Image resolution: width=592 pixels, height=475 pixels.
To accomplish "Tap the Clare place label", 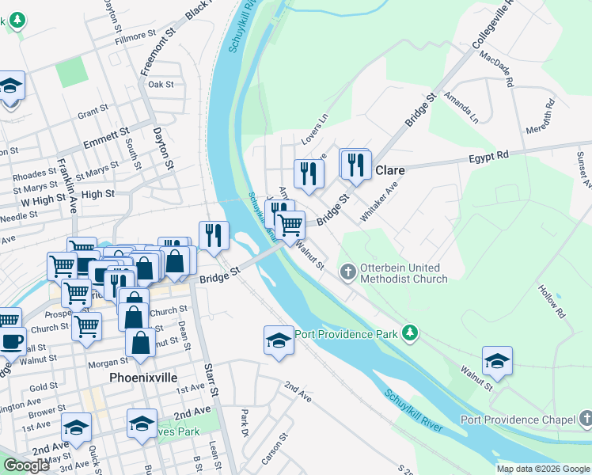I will [x=390, y=170].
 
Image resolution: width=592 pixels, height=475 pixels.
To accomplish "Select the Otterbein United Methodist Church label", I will [x=404, y=273].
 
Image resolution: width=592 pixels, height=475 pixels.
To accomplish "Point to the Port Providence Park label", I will [x=347, y=334].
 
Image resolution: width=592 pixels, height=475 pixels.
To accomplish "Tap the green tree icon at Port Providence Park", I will [x=409, y=332].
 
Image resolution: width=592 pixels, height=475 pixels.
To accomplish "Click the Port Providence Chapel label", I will [x=519, y=419].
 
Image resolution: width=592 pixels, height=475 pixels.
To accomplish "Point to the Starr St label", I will [x=211, y=381].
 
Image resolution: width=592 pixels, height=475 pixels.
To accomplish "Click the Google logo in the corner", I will [x=26, y=465].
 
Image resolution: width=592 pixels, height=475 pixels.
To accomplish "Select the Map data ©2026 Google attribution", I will [x=543, y=469].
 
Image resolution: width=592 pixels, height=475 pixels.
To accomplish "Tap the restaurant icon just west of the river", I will [x=213, y=235].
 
